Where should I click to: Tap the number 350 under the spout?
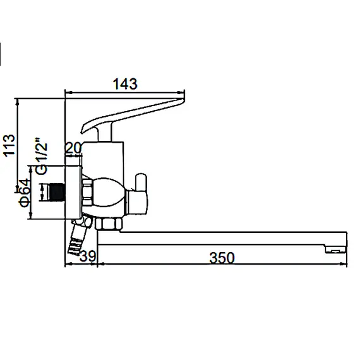coord(222,258)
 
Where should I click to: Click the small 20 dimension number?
coord(73,147)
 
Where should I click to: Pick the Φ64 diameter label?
coord(24,193)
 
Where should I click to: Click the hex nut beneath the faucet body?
coord(109,224)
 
